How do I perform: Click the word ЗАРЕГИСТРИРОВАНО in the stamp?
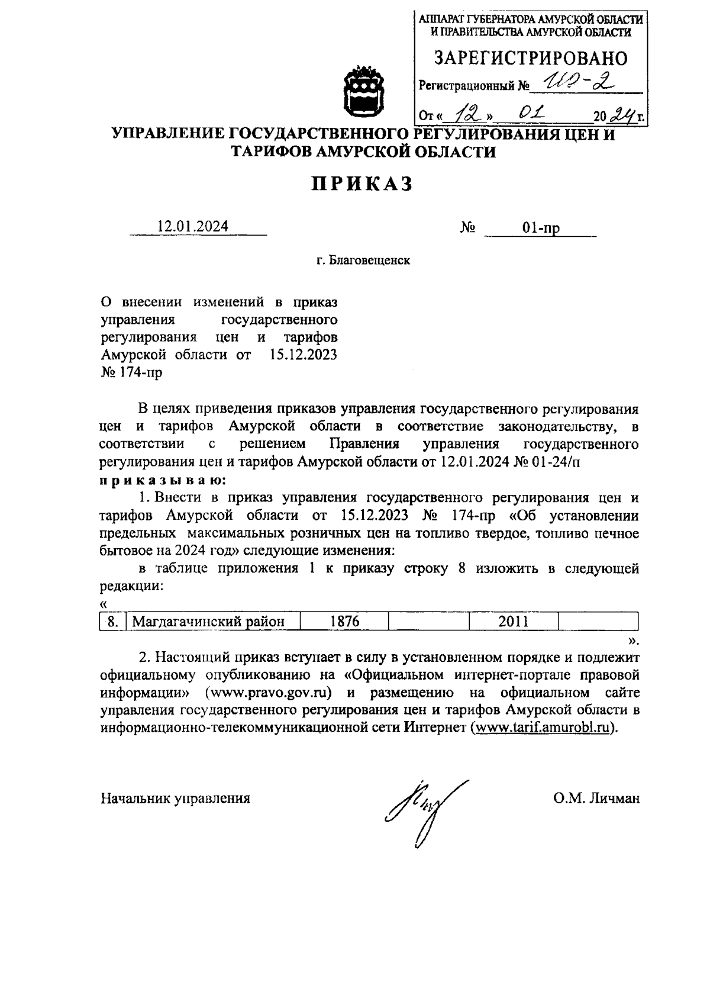click(x=531, y=58)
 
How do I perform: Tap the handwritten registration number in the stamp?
click(x=580, y=83)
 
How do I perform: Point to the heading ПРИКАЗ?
click(x=362, y=184)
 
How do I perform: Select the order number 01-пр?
click(x=541, y=228)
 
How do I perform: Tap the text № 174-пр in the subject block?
click(x=131, y=373)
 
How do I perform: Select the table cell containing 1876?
click(x=345, y=622)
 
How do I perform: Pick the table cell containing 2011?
click(x=513, y=622)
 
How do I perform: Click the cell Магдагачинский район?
click(x=208, y=622)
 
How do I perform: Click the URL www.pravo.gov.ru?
click(x=268, y=693)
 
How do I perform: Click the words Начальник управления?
click(x=175, y=799)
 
